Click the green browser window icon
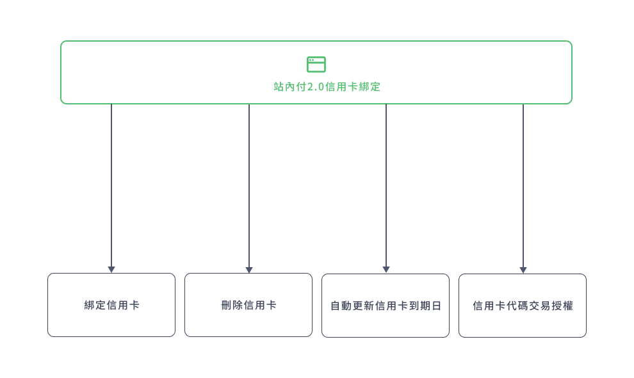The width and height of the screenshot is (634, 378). (x=316, y=64)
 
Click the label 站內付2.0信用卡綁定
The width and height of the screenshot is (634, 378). (x=327, y=86)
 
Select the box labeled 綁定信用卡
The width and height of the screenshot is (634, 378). (x=111, y=305)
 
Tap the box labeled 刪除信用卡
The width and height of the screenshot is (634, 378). (x=248, y=305)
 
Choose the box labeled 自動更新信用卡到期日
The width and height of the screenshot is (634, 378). (x=386, y=306)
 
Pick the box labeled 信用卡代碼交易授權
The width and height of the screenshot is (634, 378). (x=523, y=306)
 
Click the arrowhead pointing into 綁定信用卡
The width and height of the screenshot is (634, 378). (x=111, y=270)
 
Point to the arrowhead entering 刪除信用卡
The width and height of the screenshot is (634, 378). (x=249, y=270)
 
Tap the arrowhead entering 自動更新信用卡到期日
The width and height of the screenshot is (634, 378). (x=386, y=270)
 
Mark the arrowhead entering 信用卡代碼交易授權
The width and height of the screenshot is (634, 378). (x=523, y=270)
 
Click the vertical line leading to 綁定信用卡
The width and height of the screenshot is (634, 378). (x=111, y=185)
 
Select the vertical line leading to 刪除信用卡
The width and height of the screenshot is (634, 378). (x=249, y=185)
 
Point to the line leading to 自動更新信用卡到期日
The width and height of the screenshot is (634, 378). (x=386, y=185)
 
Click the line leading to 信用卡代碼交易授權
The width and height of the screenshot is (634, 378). (x=523, y=185)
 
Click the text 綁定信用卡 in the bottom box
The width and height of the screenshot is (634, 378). (x=111, y=305)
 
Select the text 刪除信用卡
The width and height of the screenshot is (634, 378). (x=248, y=305)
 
